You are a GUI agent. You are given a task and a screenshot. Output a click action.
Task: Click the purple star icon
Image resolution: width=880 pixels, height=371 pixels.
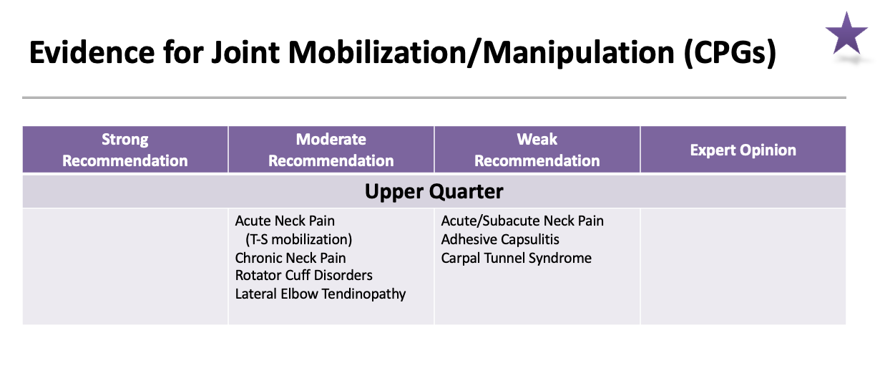pyautogui.click(x=846, y=34)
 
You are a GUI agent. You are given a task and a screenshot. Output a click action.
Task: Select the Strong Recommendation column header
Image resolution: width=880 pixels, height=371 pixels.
pyautogui.click(x=125, y=150)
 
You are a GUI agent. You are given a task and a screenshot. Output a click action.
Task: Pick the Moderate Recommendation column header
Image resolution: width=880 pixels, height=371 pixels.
pyautogui.click(x=331, y=150)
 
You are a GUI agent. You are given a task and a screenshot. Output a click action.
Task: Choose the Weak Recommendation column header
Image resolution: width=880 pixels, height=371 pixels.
pyautogui.click(x=537, y=150)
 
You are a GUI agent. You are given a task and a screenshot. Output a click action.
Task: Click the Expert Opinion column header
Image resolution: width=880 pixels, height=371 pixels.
pyautogui.click(x=743, y=150)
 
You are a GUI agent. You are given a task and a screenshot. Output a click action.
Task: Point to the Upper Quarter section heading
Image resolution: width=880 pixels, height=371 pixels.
pyautogui.click(x=434, y=191)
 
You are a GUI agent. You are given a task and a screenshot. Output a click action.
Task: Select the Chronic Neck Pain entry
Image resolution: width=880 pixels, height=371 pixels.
pyautogui.click(x=290, y=257)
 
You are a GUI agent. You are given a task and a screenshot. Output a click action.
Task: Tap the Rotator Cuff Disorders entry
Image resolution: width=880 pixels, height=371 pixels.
pyautogui.click(x=304, y=275)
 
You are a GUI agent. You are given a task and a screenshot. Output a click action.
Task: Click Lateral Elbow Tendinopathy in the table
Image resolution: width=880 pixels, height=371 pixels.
pyautogui.click(x=321, y=294)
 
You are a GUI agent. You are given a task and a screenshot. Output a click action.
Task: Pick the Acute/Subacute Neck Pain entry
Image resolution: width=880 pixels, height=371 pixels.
pyautogui.click(x=522, y=221)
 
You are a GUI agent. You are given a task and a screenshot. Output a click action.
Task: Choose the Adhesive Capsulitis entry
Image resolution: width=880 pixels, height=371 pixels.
pyautogui.click(x=500, y=239)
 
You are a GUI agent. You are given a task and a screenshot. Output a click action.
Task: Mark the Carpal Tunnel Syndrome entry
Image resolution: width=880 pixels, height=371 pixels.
pyautogui.click(x=517, y=257)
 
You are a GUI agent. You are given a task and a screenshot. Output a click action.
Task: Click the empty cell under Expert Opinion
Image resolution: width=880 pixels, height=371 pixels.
pyautogui.click(x=743, y=266)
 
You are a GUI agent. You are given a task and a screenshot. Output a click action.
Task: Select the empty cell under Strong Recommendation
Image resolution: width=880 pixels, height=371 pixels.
pyautogui.click(x=125, y=266)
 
